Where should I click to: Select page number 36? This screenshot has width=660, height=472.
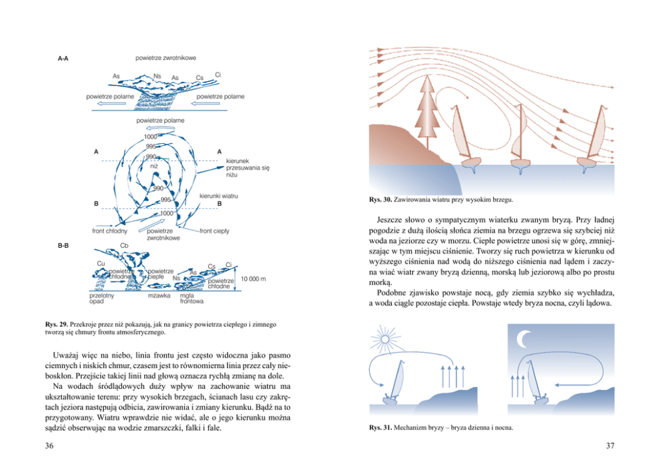(x=49, y=445)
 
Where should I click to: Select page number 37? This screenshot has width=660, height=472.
(x=610, y=445)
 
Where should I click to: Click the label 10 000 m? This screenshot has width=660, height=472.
(x=253, y=278)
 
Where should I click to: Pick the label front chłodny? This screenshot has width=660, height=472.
(x=109, y=230)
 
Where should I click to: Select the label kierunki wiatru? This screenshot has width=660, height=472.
(x=218, y=196)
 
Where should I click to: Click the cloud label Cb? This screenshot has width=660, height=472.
(x=124, y=245)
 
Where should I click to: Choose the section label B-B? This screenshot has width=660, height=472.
(x=63, y=246)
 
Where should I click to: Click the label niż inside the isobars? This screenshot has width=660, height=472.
(x=153, y=165)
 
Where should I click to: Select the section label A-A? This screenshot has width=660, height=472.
(x=63, y=59)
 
